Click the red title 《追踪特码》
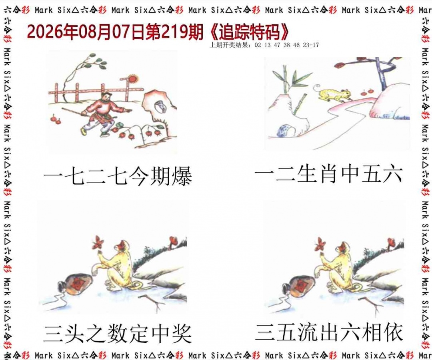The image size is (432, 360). (249, 32)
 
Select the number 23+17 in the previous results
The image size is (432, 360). (311, 45)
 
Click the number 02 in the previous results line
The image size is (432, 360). (258, 45)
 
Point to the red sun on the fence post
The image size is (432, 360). (133, 78)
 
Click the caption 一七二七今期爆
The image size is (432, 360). (118, 176)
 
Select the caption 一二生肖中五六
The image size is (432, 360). (329, 174)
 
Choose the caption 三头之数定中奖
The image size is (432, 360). (118, 334)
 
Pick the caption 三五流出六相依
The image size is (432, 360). (329, 332)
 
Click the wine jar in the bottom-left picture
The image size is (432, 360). (74, 285)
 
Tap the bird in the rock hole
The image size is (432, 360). (160, 106)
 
